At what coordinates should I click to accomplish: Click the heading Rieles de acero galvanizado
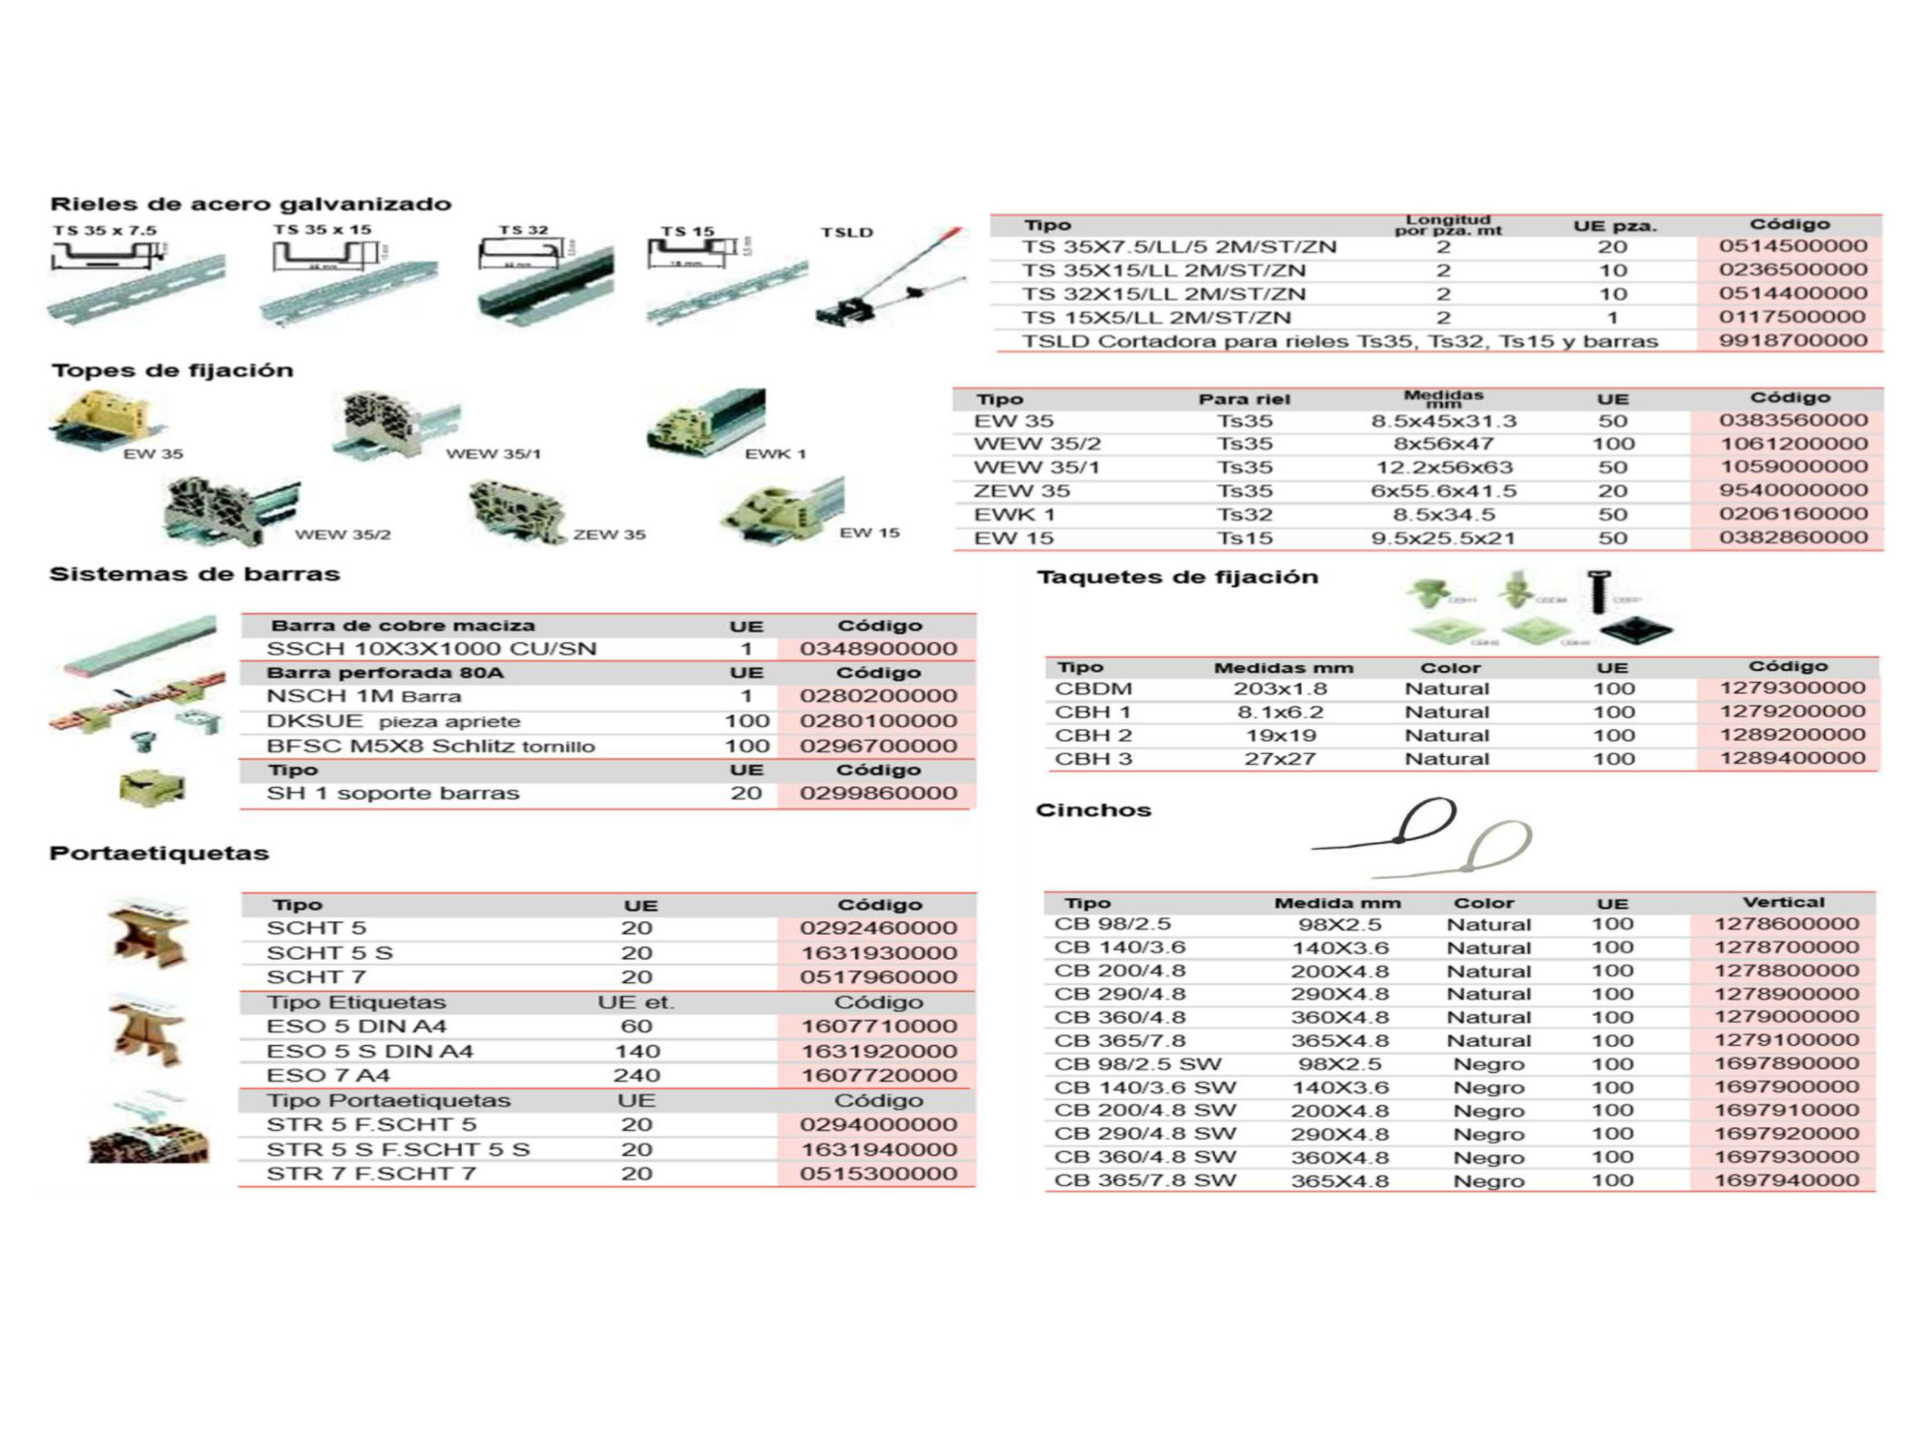pyautogui.click(x=250, y=204)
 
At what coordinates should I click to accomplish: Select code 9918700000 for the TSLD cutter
pyautogui.click(x=1792, y=340)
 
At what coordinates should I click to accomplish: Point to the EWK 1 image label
pyautogui.click(x=775, y=454)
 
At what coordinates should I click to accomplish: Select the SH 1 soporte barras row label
pyautogui.click(x=393, y=794)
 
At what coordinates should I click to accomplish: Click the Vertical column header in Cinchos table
pyautogui.click(x=1784, y=902)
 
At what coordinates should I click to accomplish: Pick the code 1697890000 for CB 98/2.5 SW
pyautogui.click(x=1786, y=1064)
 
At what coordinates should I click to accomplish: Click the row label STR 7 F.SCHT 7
pyautogui.click(x=371, y=1174)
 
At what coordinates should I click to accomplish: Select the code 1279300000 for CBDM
pyautogui.click(x=1792, y=689)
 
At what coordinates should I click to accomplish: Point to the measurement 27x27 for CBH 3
pyautogui.click(x=1280, y=759)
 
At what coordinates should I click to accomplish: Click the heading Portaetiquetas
pyautogui.click(x=159, y=853)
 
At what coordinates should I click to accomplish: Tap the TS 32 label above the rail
pyautogui.click(x=523, y=230)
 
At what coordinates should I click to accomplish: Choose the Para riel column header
pyautogui.click(x=1244, y=400)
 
